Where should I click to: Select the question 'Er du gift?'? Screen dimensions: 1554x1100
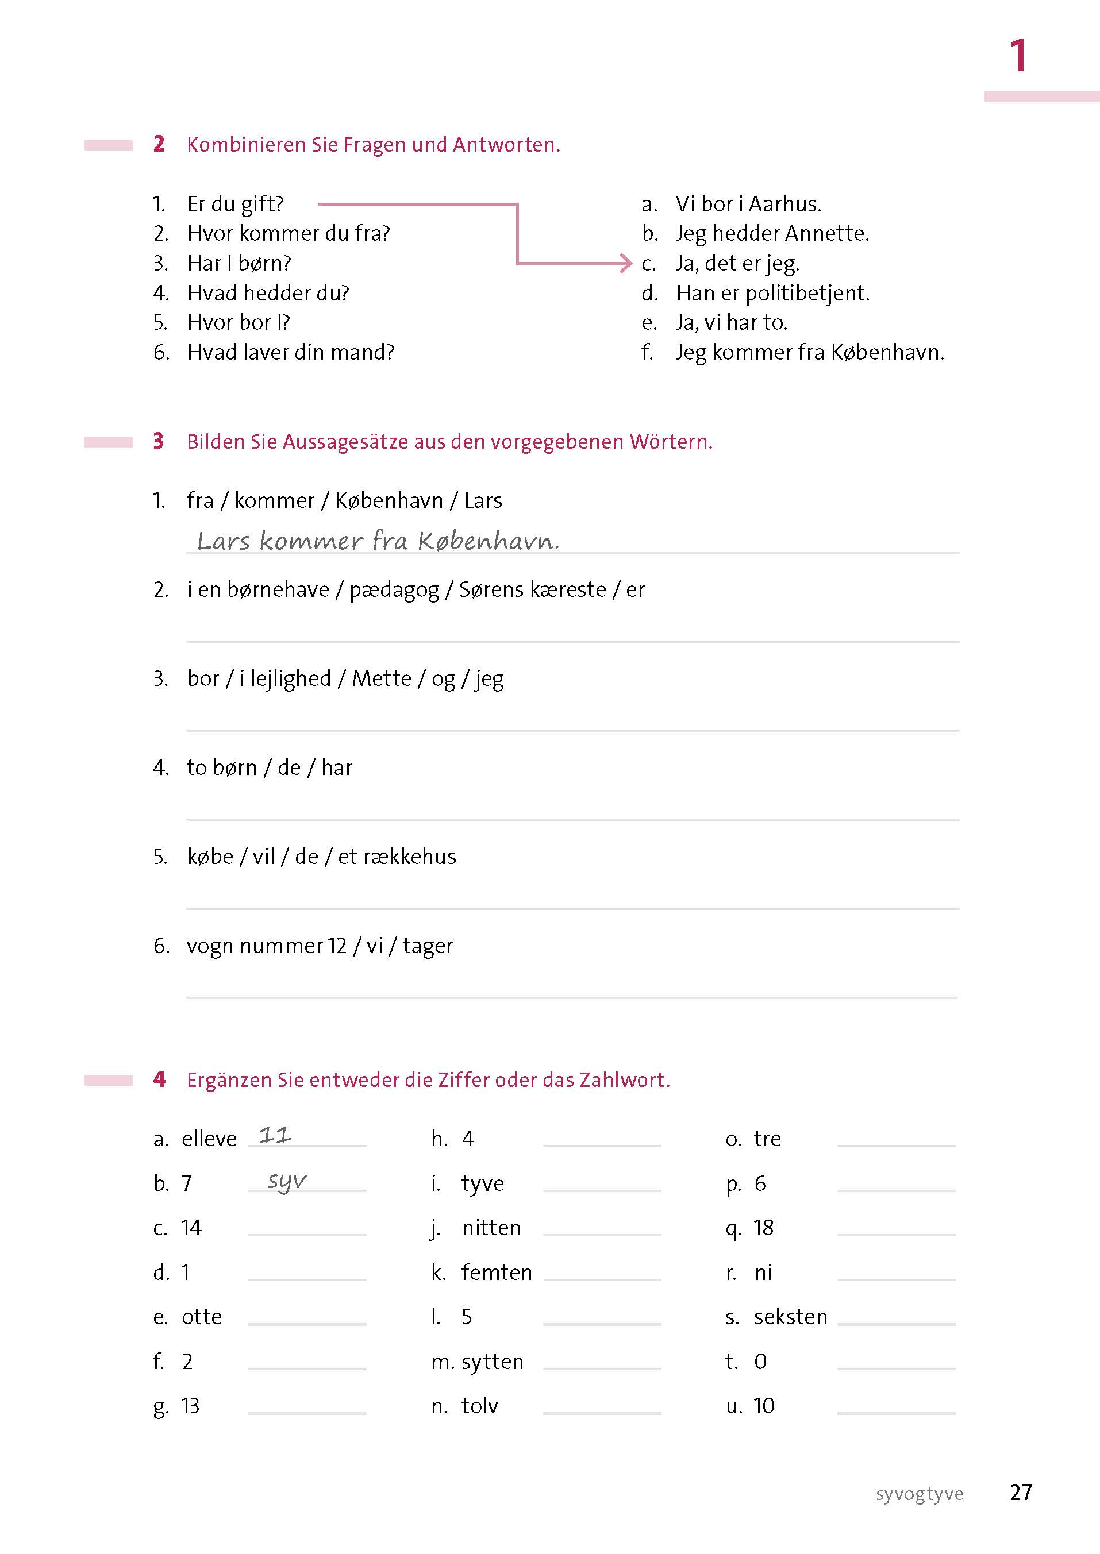click(x=235, y=204)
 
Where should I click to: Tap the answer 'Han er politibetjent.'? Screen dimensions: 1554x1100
click(x=772, y=293)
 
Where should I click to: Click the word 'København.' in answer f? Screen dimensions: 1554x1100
click(x=887, y=352)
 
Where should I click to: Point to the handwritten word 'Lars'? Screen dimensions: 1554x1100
click(x=224, y=541)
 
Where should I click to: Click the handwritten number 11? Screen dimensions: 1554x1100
click(x=275, y=1135)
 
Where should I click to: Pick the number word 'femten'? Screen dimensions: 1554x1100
click(x=497, y=1272)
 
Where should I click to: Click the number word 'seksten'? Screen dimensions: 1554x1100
click(x=790, y=1316)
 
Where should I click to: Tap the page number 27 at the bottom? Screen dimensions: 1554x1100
click(x=1020, y=1493)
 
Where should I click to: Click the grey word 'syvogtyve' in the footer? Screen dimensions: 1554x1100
click(x=919, y=1494)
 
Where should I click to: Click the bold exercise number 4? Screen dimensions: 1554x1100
click(x=159, y=1079)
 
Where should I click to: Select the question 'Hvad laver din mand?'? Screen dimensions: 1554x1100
click(x=291, y=352)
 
